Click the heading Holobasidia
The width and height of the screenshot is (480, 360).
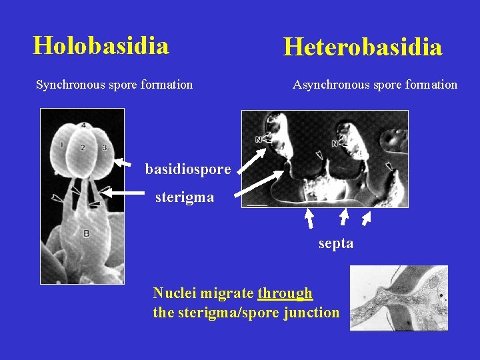[x=101, y=45]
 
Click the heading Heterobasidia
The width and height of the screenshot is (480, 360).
[x=363, y=47]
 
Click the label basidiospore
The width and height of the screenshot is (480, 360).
[x=188, y=169]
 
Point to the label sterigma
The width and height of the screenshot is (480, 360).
[x=185, y=197]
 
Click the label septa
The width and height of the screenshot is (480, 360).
[x=336, y=243]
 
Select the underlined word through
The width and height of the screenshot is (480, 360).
[x=285, y=293]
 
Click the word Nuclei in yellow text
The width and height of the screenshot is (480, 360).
[x=172, y=293]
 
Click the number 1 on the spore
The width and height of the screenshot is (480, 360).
[x=61, y=145]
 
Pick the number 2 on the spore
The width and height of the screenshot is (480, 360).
[x=83, y=147]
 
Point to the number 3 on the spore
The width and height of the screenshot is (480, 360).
[x=105, y=147]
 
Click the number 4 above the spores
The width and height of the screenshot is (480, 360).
[x=83, y=125]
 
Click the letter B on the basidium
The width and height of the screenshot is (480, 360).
[x=86, y=233]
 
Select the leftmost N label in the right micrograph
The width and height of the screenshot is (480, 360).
[x=258, y=140]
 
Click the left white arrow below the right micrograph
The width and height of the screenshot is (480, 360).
[x=309, y=218]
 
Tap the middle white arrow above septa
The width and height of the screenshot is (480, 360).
[x=343, y=217]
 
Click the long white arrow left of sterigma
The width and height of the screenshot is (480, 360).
[x=124, y=193]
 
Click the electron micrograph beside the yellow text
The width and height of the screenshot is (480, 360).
[x=399, y=298]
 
